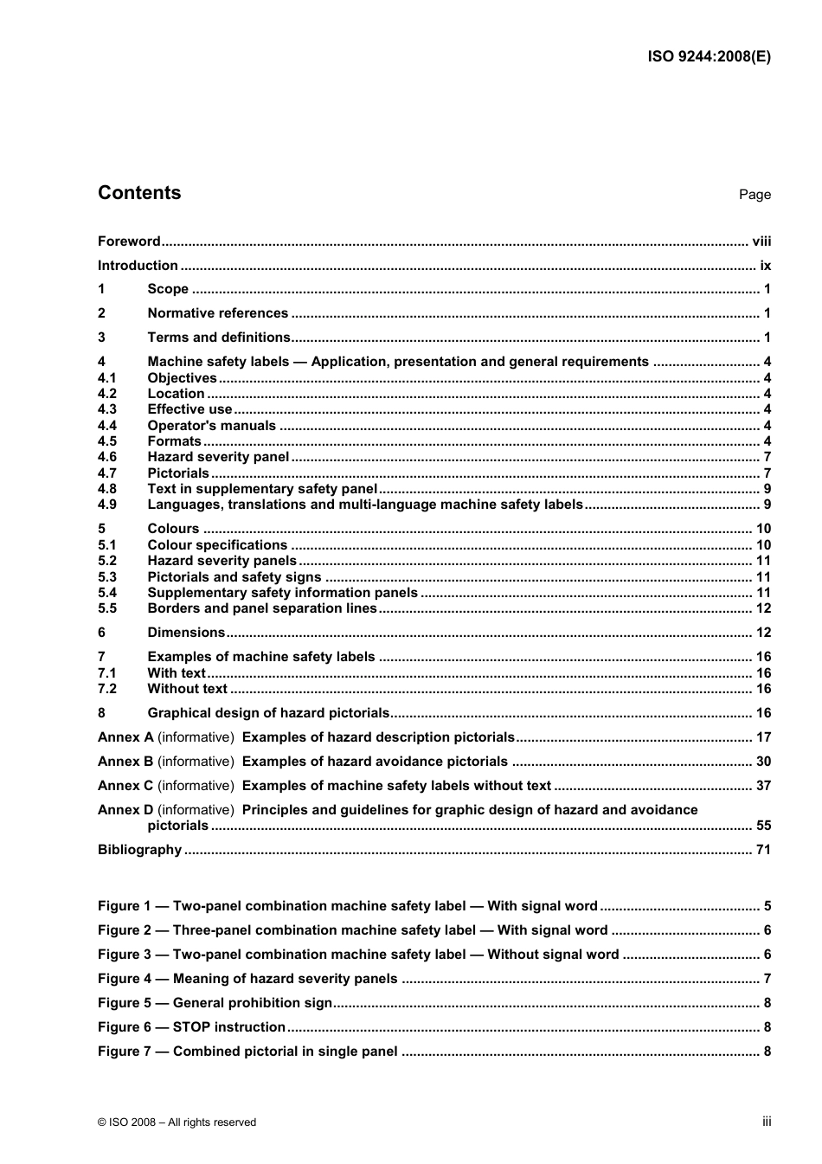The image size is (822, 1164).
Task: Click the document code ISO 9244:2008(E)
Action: tap(709, 57)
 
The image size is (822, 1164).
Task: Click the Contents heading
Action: tap(139, 193)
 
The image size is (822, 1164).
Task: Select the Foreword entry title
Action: tap(129, 241)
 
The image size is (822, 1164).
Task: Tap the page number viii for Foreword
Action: tap(761, 241)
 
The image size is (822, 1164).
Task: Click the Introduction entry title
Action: tap(138, 266)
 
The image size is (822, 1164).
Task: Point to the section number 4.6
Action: tap(107, 457)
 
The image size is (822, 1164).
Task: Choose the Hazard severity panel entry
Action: tap(218, 457)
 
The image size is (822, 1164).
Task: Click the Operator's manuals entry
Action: tap(211, 425)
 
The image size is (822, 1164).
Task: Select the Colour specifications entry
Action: tap(217, 545)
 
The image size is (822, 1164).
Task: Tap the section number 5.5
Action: tap(107, 608)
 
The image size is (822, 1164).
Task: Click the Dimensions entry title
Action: tap(186, 633)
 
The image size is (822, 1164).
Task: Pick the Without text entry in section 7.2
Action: tap(187, 689)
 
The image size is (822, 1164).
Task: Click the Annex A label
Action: tap(125, 737)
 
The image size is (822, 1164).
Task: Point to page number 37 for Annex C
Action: tap(763, 786)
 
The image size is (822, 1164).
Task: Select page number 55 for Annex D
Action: tap(763, 826)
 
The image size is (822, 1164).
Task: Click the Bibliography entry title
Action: tap(139, 850)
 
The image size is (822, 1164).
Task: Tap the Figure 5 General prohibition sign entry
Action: tap(215, 1003)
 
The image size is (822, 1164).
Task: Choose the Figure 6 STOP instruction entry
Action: tap(191, 1027)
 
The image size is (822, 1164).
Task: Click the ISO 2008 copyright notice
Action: tap(177, 1122)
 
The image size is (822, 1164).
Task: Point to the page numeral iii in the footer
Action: tap(767, 1122)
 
